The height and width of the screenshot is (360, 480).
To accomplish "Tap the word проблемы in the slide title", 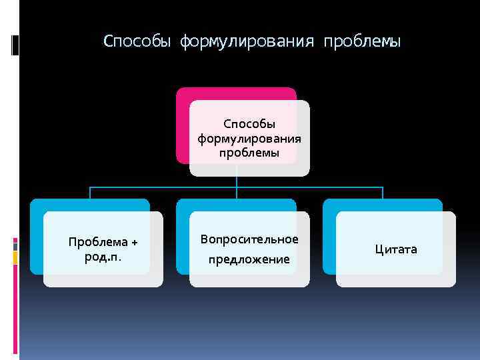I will point(362,42).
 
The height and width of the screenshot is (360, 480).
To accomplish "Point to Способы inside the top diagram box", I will point(249,124).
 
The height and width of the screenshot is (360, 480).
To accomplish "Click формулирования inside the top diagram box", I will point(249,139).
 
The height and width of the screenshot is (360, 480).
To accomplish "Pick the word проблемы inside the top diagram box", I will point(249,153).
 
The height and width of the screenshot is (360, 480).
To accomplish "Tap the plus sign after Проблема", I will point(134,241).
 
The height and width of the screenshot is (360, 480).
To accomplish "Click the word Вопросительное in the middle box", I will point(249,239).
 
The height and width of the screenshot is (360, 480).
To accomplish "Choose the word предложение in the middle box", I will point(249,259).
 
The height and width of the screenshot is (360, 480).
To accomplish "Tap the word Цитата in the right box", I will point(395,249).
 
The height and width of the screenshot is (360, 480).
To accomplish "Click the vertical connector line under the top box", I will point(237,182).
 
